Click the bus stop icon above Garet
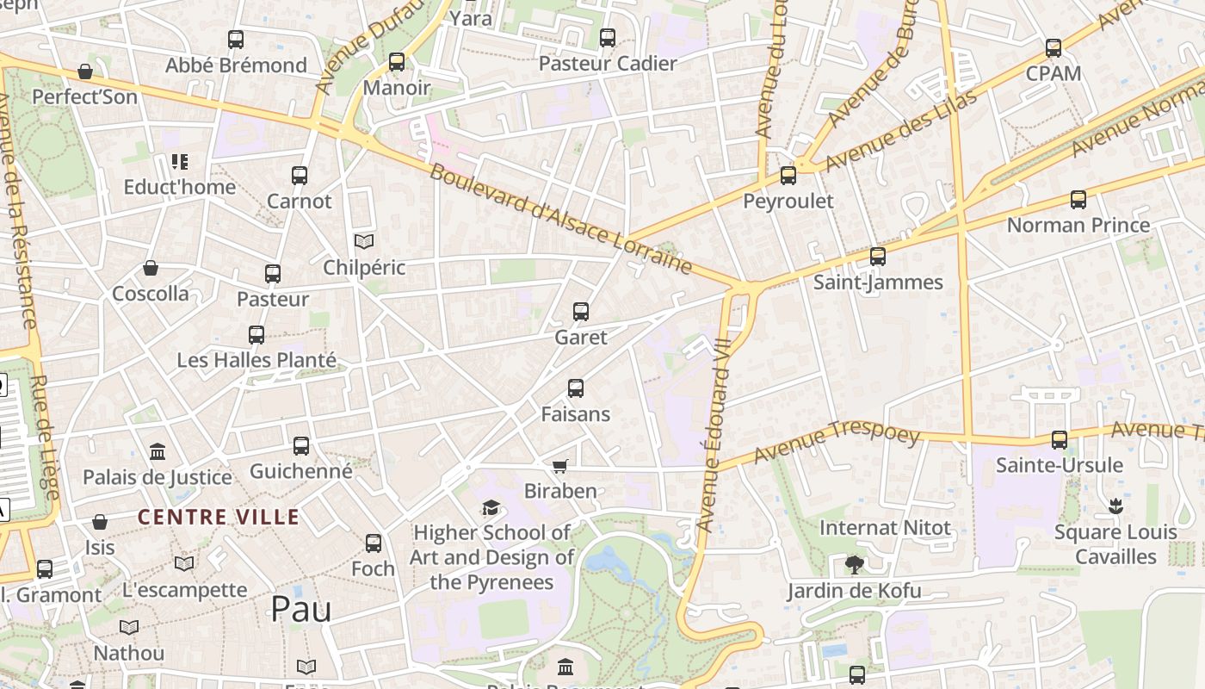point(581,312)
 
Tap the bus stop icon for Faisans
point(576,388)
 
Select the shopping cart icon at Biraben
point(560,466)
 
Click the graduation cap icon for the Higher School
point(491,508)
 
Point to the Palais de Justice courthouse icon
point(158,451)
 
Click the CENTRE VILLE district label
point(219,518)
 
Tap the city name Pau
point(300,609)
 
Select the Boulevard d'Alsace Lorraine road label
point(560,219)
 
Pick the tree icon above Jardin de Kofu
point(854,565)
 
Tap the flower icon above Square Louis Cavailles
point(1115,506)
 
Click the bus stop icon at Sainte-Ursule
point(1060,440)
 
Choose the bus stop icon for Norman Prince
point(1078,200)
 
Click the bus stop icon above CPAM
point(1054,48)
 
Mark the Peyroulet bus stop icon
point(788,176)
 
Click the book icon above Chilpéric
point(364,242)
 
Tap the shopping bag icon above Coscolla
point(151,268)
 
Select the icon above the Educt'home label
point(179,161)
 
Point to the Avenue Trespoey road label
point(837,443)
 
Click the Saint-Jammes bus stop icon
point(878,257)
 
